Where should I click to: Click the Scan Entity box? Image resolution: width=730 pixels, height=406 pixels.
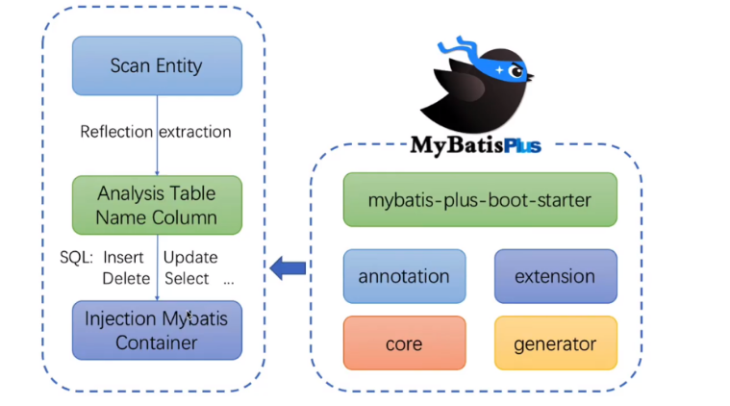pyautogui.click(x=157, y=66)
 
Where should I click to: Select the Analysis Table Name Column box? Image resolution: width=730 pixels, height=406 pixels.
pyautogui.click(x=157, y=205)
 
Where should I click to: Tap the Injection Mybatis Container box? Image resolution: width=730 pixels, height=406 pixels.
pyautogui.click(x=157, y=329)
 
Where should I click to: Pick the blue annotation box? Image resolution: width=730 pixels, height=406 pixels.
pyautogui.click(x=404, y=276)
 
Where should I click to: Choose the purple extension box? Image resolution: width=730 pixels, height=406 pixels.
pyautogui.click(x=555, y=276)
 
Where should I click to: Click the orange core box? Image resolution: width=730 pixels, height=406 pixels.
pyautogui.click(x=404, y=343)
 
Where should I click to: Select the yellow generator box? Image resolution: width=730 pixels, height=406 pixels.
pyautogui.click(x=555, y=343)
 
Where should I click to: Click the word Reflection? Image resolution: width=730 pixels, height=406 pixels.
pyautogui.click(x=116, y=132)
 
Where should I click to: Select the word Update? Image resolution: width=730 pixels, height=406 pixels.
pyautogui.click(x=190, y=258)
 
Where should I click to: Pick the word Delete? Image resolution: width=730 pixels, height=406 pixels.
pyautogui.click(x=124, y=278)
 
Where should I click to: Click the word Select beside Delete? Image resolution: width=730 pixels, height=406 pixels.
pyautogui.click(x=187, y=278)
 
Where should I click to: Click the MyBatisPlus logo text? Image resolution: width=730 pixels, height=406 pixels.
pyautogui.click(x=475, y=146)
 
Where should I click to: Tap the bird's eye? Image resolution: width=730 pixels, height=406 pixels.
pyautogui.click(x=516, y=69)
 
